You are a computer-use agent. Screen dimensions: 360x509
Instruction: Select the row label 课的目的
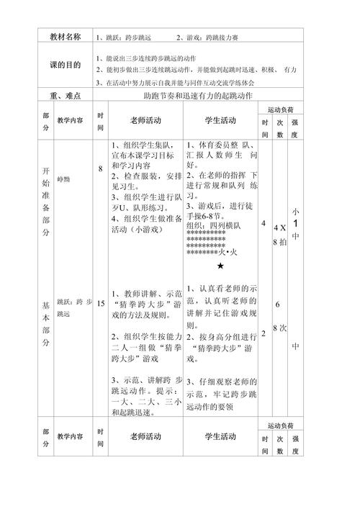[67, 64]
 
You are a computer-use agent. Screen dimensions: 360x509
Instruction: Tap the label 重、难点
[67, 95]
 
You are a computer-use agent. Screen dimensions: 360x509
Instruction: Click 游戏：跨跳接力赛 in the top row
[209, 36]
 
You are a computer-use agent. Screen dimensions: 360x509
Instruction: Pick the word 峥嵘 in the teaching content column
[66, 166]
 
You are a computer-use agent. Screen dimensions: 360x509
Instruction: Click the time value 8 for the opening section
[101, 168]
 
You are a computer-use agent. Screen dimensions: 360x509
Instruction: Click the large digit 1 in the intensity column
[295, 222]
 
